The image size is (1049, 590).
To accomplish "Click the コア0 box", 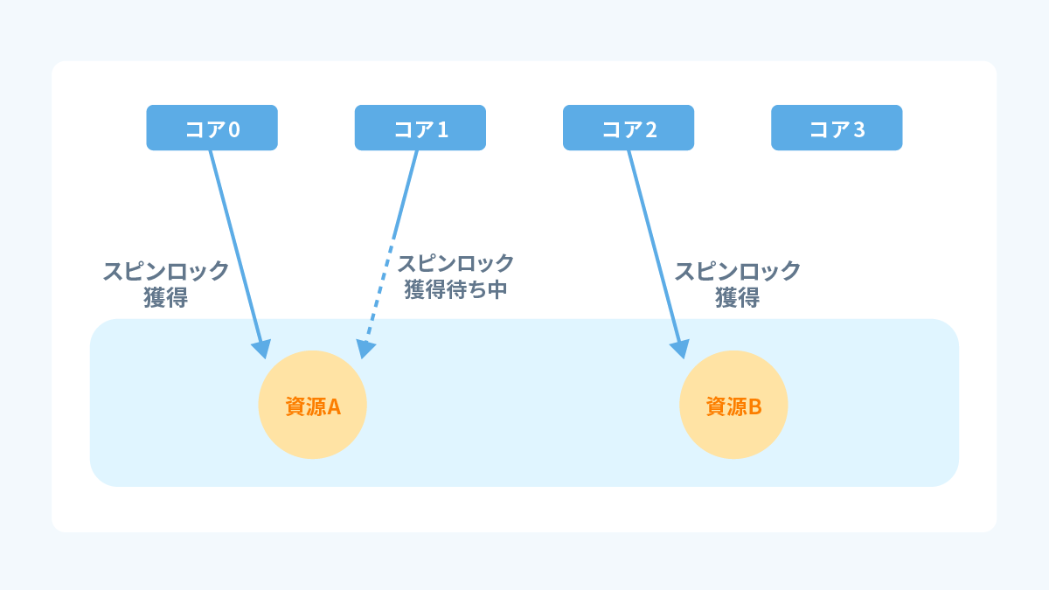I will click(212, 128).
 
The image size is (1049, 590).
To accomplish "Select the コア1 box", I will click(420, 128).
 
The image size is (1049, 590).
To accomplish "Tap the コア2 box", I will click(628, 128).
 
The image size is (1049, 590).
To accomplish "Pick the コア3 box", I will click(836, 128).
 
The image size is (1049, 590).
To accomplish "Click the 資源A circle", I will click(312, 405).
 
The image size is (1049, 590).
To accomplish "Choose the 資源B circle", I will click(733, 405).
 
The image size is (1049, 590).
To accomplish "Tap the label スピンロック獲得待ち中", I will click(455, 276).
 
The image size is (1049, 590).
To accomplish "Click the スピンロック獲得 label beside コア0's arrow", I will click(166, 283).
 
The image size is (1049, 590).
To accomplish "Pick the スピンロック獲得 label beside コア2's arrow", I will click(737, 283).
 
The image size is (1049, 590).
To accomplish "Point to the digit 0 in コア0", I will click(233, 129).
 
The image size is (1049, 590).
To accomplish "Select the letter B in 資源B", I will click(754, 406).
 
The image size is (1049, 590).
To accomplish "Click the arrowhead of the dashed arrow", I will click(367, 349).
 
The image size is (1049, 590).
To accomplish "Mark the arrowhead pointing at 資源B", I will click(680, 349).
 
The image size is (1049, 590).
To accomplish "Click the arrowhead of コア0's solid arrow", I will click(261, 349).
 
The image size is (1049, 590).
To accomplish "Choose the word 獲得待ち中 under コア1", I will click(455, 290).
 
